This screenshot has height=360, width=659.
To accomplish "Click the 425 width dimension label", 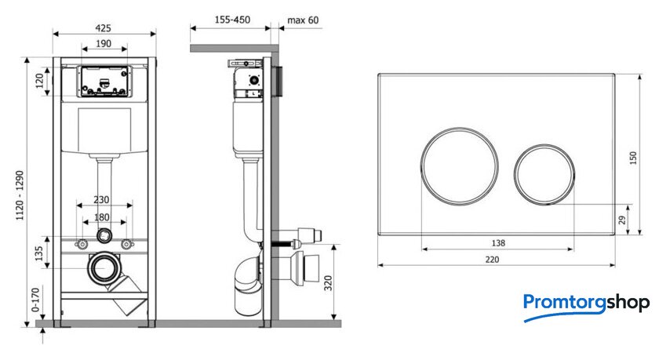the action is point(103,27).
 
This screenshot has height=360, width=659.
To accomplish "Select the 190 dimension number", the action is point(104,43).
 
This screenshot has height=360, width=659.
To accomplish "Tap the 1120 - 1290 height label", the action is point(20,195).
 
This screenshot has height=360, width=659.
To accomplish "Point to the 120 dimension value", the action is point(39,81).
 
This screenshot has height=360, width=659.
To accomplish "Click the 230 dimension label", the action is point(101,199).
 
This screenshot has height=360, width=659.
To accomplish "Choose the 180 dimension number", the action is point(102,217).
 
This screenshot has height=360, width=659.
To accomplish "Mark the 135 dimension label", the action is point(38,253).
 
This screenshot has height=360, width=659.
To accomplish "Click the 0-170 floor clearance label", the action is point(36,300).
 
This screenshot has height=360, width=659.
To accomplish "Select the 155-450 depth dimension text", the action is point(232,20).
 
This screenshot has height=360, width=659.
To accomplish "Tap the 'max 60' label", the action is point(303,20).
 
